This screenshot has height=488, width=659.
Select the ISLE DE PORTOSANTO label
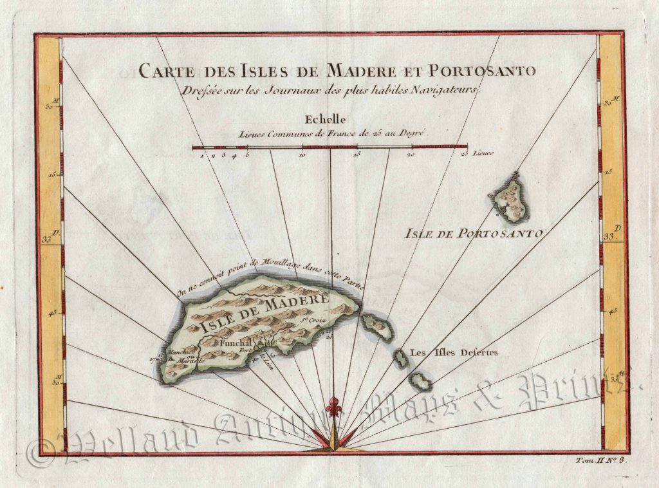point(473,233)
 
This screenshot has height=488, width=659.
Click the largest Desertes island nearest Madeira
point(378,328)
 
